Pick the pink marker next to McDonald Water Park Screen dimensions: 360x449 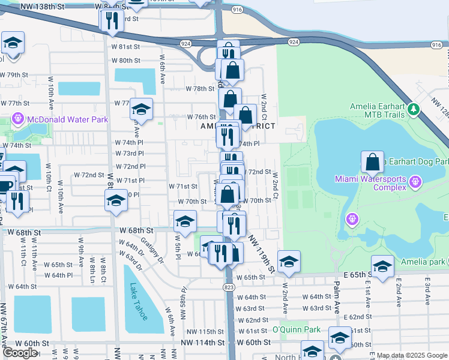point(18,119)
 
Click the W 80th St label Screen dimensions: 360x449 point(125,61)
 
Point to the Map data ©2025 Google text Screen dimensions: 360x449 point(412,355)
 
